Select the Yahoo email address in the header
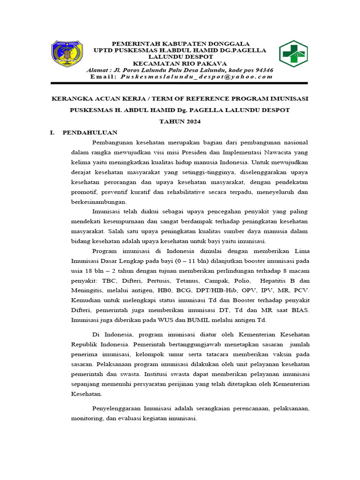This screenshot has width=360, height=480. (196, 76)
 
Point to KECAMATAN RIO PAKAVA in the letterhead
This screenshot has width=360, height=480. (180, 63)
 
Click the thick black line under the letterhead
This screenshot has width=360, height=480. (180, 83)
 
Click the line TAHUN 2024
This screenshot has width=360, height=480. (180, 122)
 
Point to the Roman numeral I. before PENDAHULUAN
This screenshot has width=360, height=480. (52, 133)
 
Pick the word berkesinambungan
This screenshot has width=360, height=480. (99, 202)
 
